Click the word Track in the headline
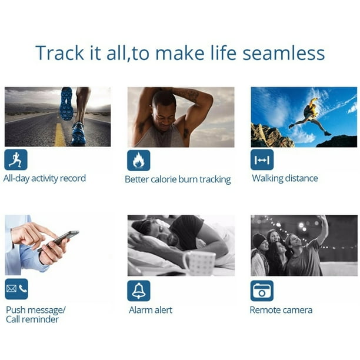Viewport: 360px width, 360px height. click(59, 53)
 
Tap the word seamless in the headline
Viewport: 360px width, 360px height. click(284, 53)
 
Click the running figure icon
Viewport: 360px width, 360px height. click(16, 159)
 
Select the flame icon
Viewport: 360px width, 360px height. click(139, 160)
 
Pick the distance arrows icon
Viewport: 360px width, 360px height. click(262, 160)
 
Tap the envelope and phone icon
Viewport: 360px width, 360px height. click(16, 289)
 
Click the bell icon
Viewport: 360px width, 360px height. click(139, 291)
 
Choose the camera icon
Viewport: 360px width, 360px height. click(262, 291)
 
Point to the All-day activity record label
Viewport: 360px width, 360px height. click(45, 179)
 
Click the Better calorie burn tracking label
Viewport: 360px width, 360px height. click(178, 179)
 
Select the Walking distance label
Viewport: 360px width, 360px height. click(285, 178)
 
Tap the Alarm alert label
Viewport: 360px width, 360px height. click(151, 310)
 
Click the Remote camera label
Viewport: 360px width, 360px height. click(281, 310)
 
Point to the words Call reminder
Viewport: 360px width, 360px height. click(32, 319)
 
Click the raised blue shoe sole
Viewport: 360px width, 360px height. click(66, 104)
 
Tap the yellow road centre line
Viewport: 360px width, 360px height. click(59, 135)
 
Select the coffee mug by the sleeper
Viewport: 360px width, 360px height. click(199, 263)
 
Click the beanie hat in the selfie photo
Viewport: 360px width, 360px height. click(259, 240)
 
